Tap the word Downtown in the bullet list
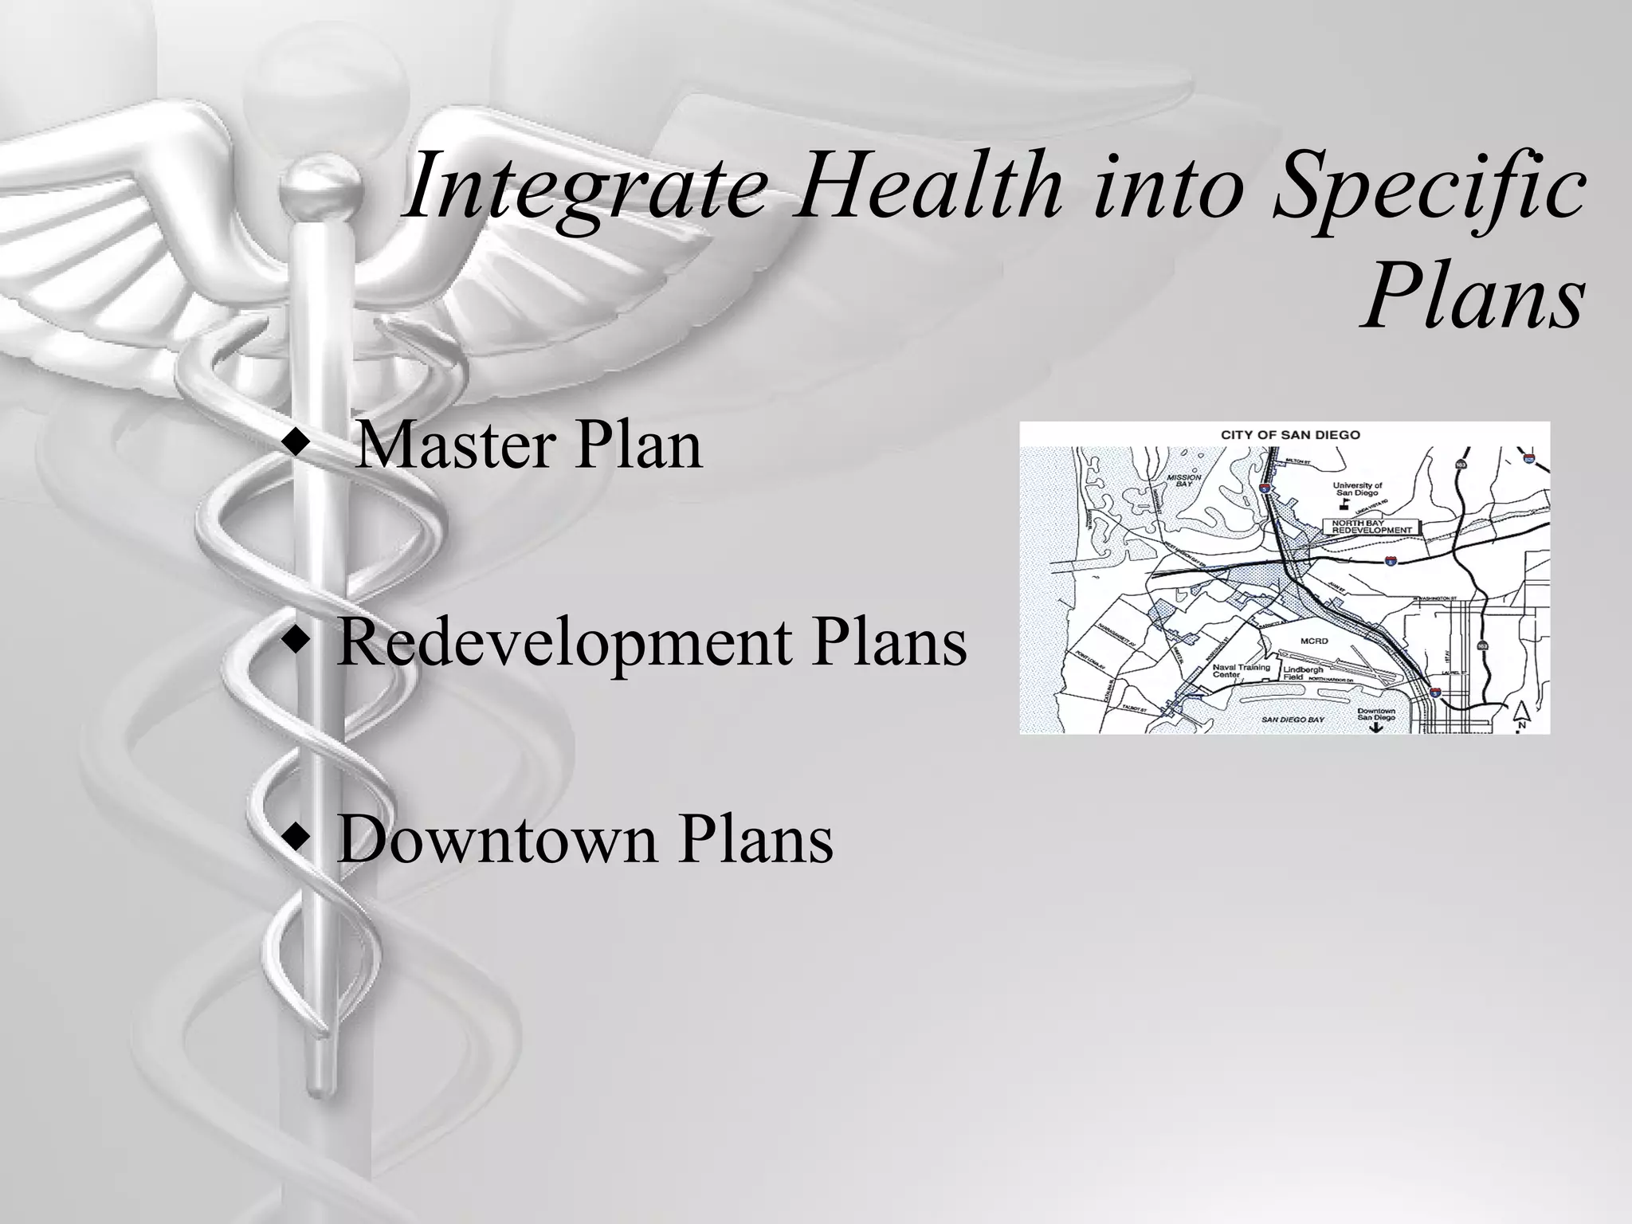click(x=495, y=840)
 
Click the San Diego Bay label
click(x=1292, y=720)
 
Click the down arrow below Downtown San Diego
click(x=1376, y=728)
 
